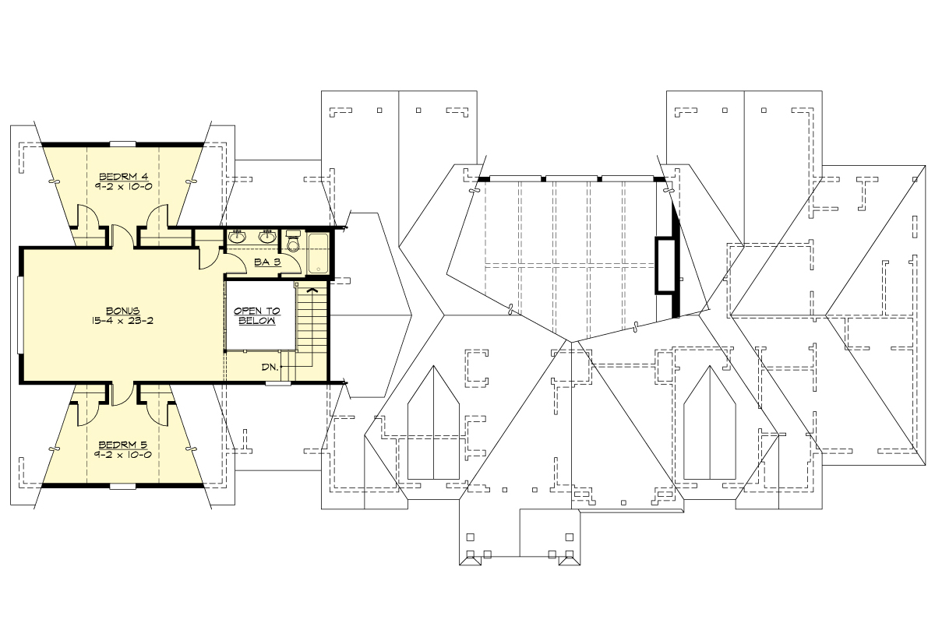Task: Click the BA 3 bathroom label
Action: pos(266,262)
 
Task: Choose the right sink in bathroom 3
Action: pos(267,236)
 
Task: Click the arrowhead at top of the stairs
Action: pos(313,290)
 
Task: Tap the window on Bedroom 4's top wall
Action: pos(123,144)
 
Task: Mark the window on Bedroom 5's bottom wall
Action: pos(123,486)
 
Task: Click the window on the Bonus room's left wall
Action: pos(21,315)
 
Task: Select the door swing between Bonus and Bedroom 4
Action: pos(122,236)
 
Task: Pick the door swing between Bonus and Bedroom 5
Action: pos(122,393)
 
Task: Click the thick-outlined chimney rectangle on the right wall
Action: pos(665,266)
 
